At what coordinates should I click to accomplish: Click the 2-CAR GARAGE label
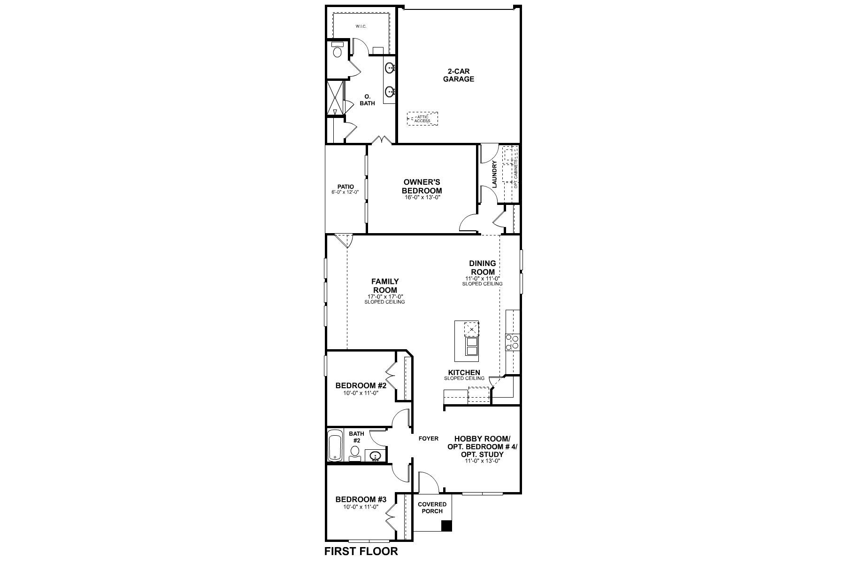click(459, 75)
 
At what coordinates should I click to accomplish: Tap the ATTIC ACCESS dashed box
click(422, 118)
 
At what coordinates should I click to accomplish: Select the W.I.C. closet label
click(361, 26)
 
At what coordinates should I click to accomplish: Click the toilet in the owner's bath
click(337, 50)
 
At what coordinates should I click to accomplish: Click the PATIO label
click(345, 187)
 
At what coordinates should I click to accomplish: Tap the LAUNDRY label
click(494, 174)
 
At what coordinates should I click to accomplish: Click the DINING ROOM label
click(482, 268)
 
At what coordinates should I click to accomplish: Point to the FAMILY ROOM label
click(385, 286)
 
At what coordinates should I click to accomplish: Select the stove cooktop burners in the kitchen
click(512, 342)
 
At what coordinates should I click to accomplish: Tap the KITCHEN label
click(464, 372)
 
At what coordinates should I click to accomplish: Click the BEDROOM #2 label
click(361, 385)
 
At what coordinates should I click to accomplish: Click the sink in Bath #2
click(375, 456)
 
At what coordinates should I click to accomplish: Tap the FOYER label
click(428, 439)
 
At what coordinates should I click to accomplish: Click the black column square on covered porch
click(447, 526)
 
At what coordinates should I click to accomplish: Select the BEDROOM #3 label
click(361, 500)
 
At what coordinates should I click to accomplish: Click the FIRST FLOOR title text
click(361, 551)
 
